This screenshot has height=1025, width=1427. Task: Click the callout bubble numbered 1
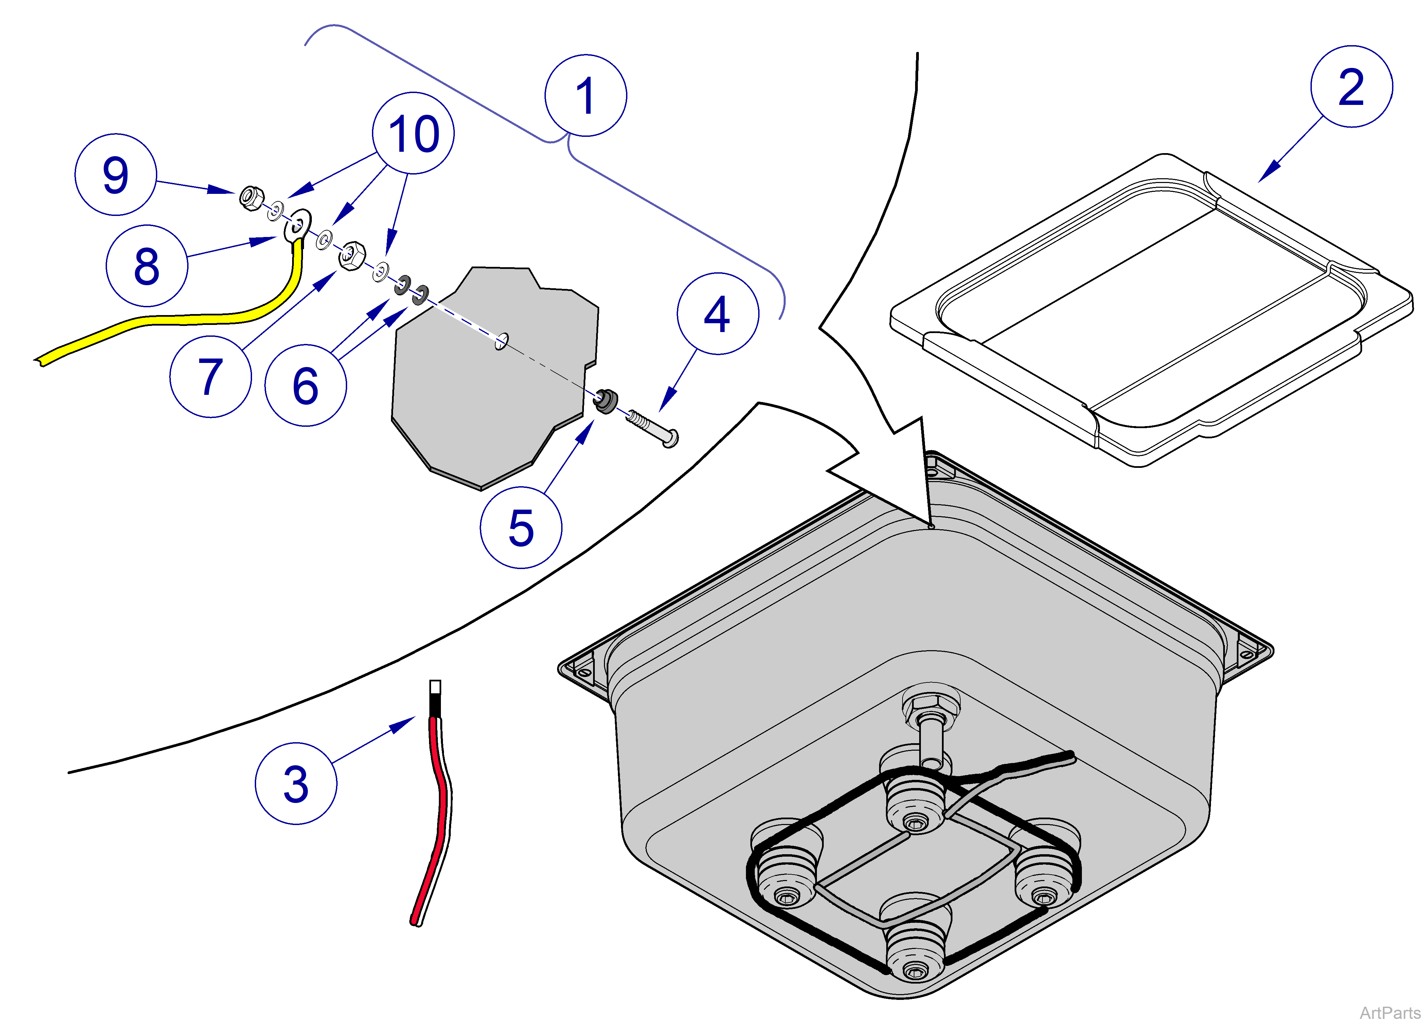pyautogui.click(x=585, y=96)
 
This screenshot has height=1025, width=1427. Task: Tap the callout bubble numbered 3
pyautogui.click(x=296, y=784)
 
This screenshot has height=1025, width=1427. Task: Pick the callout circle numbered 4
pyautogui.click(x=717, y=314)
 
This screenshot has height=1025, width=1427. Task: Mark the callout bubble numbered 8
pyautogui.click(x=147, y=266)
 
